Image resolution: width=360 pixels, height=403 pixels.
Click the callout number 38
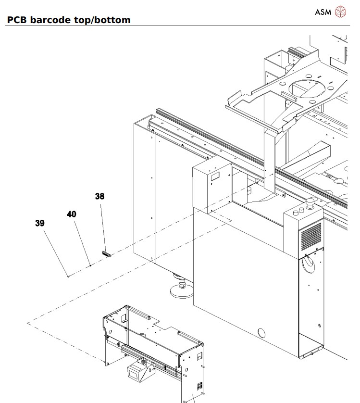pyautogui.click(x=99, y=196)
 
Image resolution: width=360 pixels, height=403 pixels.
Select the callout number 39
pyautogui.click(x=40, y=223)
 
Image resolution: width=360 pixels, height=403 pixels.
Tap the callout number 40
pyautogui.click(x=71, y=214)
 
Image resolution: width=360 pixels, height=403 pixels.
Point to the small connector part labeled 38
pyautogui.click(x=106, y=254)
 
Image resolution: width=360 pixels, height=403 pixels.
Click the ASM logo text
pyautogui.click(x=323, y=12)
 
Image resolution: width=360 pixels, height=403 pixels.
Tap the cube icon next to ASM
pyautogui.click(x=340, y=12)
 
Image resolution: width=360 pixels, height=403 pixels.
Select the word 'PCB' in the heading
pyautogui.click(x=17, y=20)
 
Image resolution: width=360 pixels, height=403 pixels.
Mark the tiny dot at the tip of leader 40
pyautogui.click(x=91, y=265)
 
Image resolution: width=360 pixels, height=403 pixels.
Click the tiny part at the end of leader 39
pyautogui.click(x=69, y=276)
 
